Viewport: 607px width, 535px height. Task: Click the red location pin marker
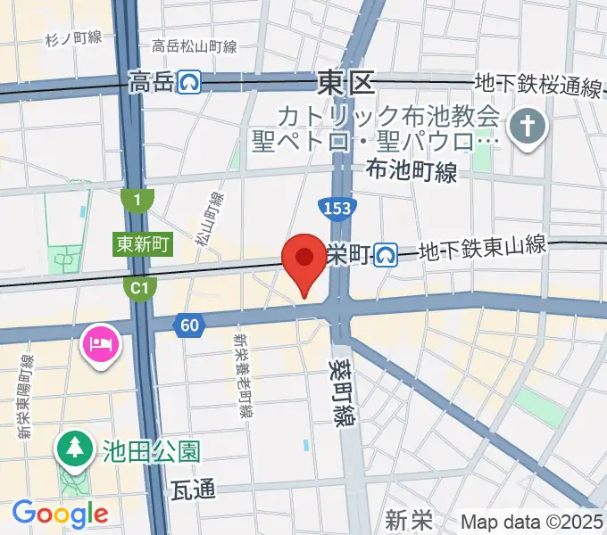[303, 261]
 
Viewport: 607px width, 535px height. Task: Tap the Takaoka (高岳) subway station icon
[189, 83]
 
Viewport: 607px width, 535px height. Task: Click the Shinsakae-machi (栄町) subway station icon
[387, 256]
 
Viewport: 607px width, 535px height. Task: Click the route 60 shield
[187, 325]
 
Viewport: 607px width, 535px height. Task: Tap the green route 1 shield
[137, 201]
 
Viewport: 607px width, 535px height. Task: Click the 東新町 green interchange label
[141, 244]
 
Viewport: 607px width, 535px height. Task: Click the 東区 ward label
[345, 85]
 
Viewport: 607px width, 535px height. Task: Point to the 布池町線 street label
[412, 170]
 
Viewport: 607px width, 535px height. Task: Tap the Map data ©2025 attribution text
[532, 522]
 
